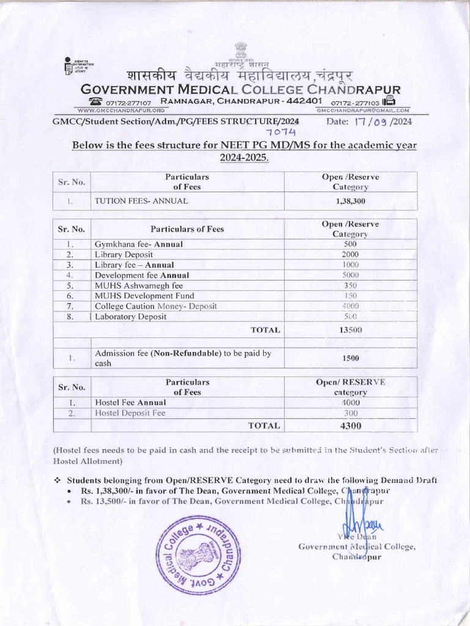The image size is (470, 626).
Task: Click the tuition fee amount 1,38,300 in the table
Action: [x=351, y=201]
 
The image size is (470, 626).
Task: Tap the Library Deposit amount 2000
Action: [x=351, y=254]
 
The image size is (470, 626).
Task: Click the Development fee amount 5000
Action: [x=351, y=275]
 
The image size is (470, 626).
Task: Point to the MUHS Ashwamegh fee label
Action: [x=139, y=285]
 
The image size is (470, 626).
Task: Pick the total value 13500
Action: [x=351, y=330]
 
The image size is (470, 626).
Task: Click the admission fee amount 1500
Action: [x=351, y=358]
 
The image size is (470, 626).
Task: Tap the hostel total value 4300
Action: [x=351, y=426]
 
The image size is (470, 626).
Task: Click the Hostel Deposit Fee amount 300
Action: [x=351, y=413]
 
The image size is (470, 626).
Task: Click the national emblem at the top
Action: [x=241, y=51]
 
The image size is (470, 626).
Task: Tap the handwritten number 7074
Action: [x=281, y=133]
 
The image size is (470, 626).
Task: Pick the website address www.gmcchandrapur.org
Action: [x=122, y=110]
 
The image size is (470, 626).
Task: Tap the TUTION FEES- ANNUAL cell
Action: [x=141, y=201]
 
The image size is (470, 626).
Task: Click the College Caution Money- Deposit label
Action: [x=156, y=306]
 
